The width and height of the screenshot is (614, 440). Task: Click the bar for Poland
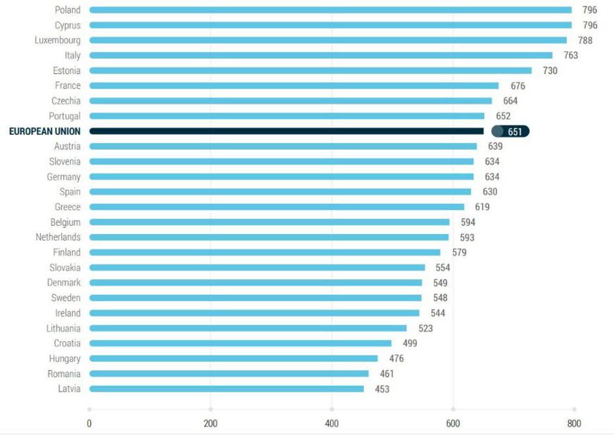click(330, 10)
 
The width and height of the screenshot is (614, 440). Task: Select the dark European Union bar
click(287, 131)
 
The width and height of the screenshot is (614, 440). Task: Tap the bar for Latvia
click(226, 389)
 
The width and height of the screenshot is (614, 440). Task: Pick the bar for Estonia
click(310, 71)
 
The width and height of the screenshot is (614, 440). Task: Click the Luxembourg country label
click(57, 41)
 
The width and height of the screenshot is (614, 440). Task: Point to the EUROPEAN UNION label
click(44, 131)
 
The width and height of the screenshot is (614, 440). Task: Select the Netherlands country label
click(58, 237)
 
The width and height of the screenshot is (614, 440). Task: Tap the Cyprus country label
click(68, 25)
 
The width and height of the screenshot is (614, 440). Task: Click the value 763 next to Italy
click(570, 56)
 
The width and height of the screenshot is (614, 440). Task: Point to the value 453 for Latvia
click(381, 389)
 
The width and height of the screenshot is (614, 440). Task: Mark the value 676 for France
click(517, 86)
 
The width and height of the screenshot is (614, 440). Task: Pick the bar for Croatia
click(240, 343)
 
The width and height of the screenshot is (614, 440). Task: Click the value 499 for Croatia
click(410, 343)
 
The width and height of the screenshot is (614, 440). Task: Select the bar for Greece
click(277, 207)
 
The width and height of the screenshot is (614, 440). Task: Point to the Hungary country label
click(65, 358)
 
